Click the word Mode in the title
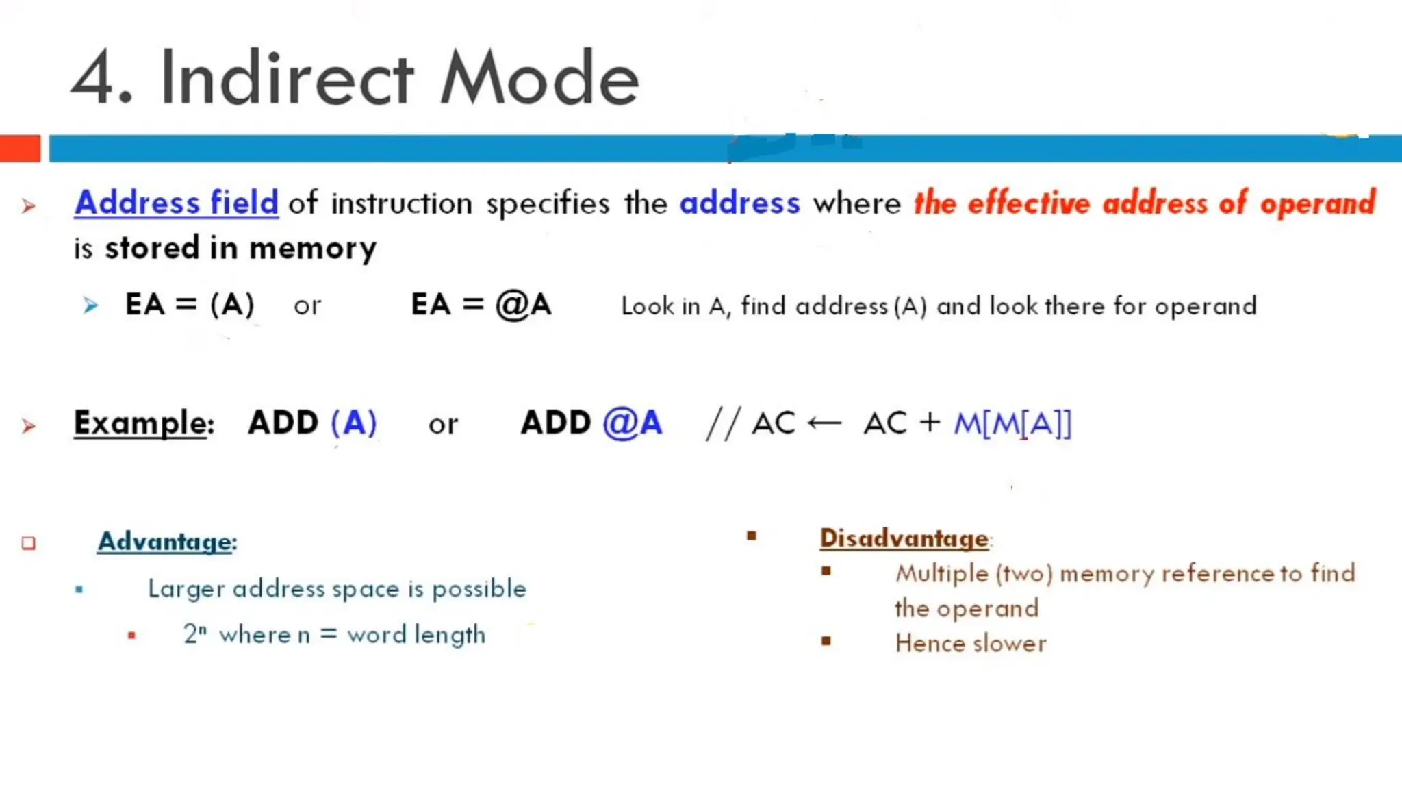[539, 78]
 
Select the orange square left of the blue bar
[20, 149]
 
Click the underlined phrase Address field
[177, 203]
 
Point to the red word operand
[1318, 203]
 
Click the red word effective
[1028, 203]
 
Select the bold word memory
[313, 248]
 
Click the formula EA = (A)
[190, 304]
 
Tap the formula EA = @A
[481, 304]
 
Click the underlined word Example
[140, 423]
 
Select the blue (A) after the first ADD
[353, 423]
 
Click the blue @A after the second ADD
[633, 423]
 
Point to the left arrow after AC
[824, 423]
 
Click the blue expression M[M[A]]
[1012, 423]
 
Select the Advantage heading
[166, 541]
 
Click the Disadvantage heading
[904, 538]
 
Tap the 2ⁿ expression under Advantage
[194, 634]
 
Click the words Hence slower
[971, 643]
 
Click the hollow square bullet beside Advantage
[28, 543]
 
